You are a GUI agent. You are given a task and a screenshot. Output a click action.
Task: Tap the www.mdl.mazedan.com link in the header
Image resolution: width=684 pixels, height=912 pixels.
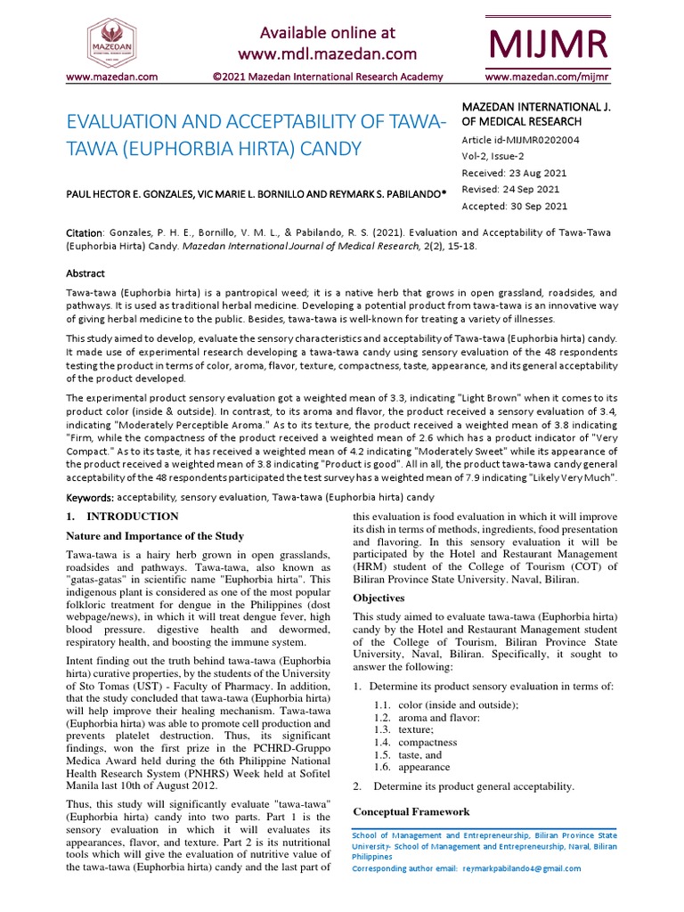pos(326,54)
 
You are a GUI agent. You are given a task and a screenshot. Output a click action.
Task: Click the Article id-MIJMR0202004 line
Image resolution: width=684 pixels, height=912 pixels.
pos(520,140)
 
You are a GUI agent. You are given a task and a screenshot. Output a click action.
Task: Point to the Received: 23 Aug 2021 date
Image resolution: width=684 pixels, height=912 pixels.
pos(514,173)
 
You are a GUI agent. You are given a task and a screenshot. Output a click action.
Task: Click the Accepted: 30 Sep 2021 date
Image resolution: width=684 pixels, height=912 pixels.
pos(514,206)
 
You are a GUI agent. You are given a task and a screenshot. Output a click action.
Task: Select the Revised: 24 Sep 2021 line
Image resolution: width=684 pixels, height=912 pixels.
pos(510,190)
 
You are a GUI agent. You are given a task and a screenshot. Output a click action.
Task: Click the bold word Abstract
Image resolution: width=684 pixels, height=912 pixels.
pos(86,274)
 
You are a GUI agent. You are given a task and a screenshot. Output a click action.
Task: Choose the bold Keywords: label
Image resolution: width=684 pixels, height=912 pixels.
pos(91,496)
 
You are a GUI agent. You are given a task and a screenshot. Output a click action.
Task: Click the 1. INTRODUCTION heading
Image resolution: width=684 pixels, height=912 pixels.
pos(123,517)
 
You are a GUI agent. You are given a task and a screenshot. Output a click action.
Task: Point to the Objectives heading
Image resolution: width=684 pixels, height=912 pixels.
pos(379,598)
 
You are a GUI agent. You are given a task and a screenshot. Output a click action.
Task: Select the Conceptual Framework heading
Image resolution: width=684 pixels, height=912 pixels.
pos(411,811)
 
